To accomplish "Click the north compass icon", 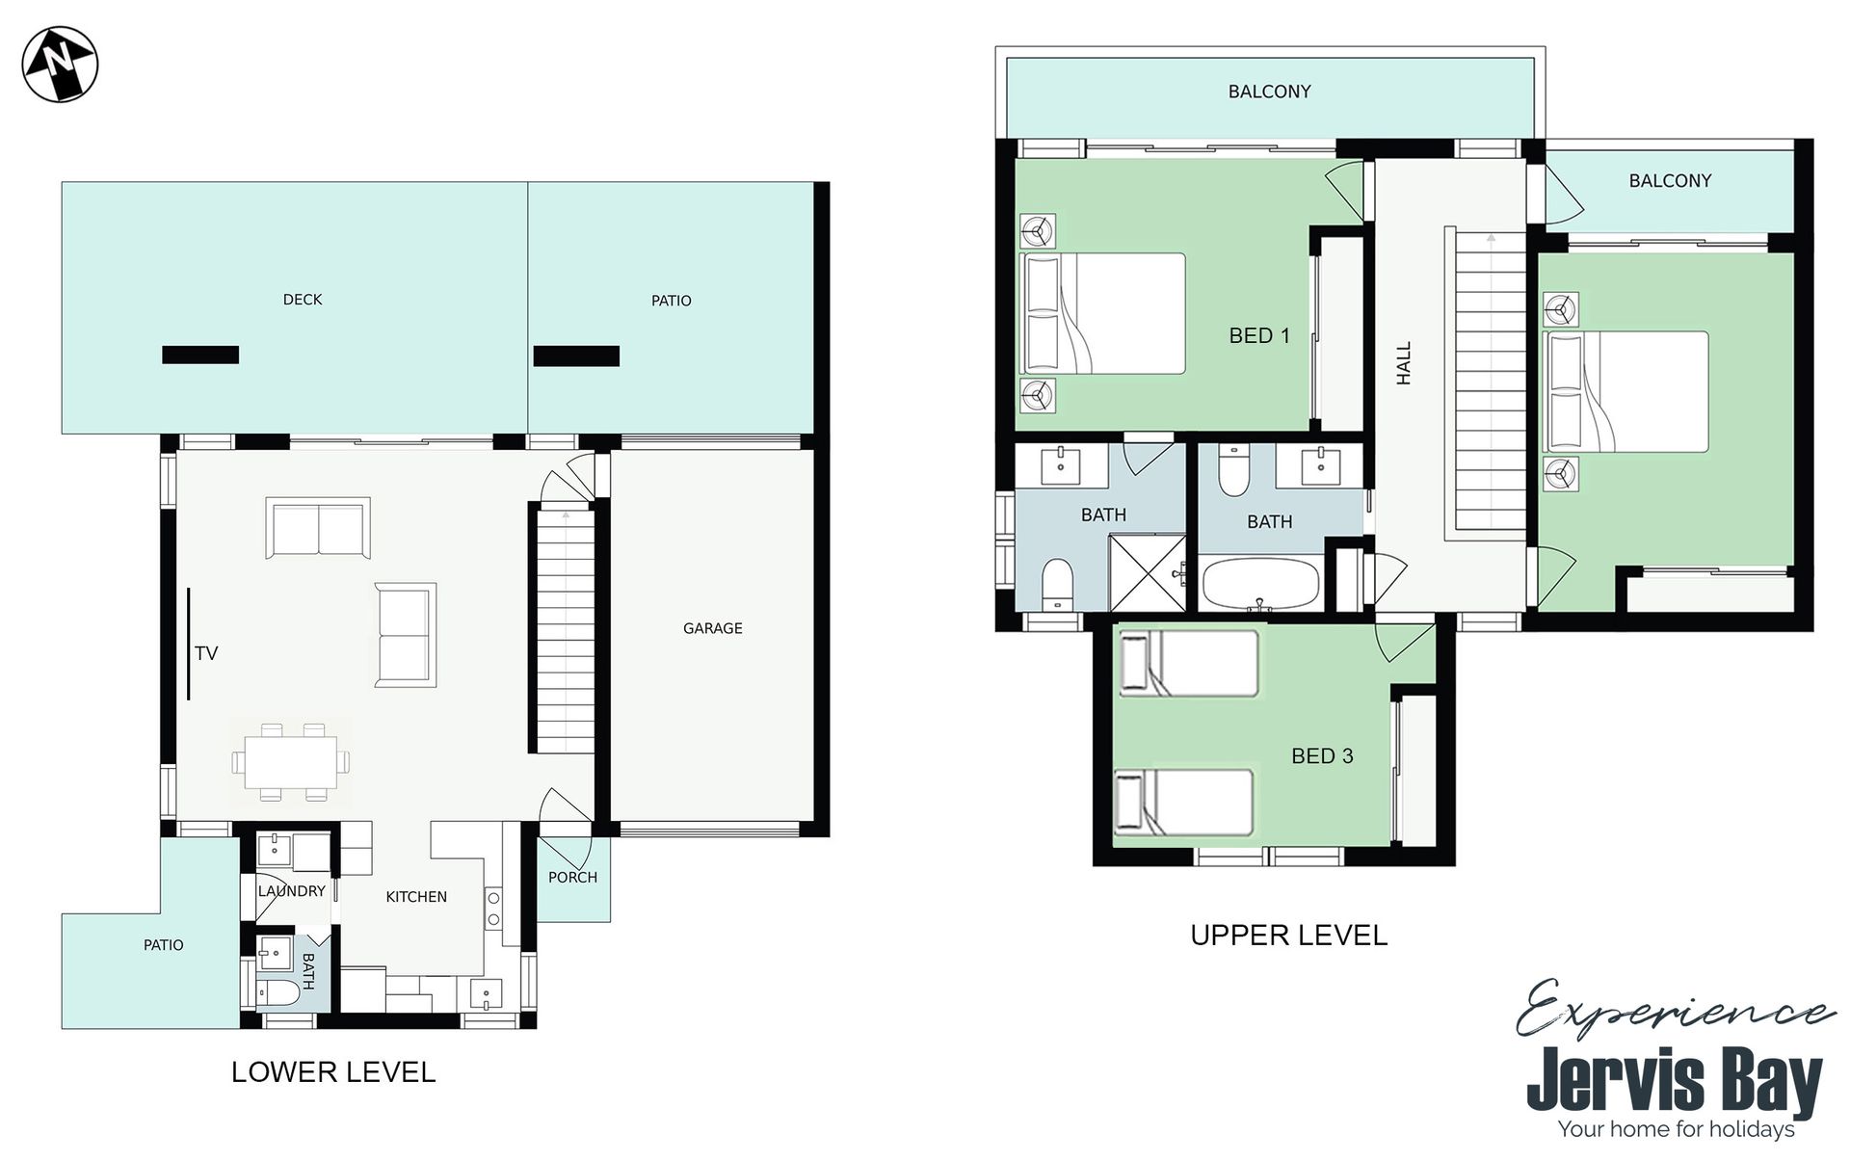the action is (x=60, y=64).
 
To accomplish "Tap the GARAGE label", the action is (x=712, y=628).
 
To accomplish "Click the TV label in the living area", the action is (x=206, y=653).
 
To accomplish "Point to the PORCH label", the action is (x=572, y=878).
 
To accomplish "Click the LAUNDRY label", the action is (x=292, y=891).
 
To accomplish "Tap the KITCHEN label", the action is (x=416, y=897).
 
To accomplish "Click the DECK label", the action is (x=303, y=300).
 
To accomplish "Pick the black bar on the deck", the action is (x=200, y=356).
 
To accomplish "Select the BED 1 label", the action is (x=1259, y=335).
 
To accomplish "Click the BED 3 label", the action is (x=1322, y=756).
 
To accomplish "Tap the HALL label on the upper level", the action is (x=1404, y=363).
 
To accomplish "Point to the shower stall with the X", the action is (x=1147, y=573).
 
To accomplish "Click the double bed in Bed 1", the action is (x=1103, y=313).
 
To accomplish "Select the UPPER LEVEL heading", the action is (x=1289, y=936).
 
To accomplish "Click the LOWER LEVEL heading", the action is (x=333, y=1072).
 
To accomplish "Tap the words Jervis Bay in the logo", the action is (x=1675, y=1082).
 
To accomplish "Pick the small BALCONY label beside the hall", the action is (x=1670, y=181).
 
